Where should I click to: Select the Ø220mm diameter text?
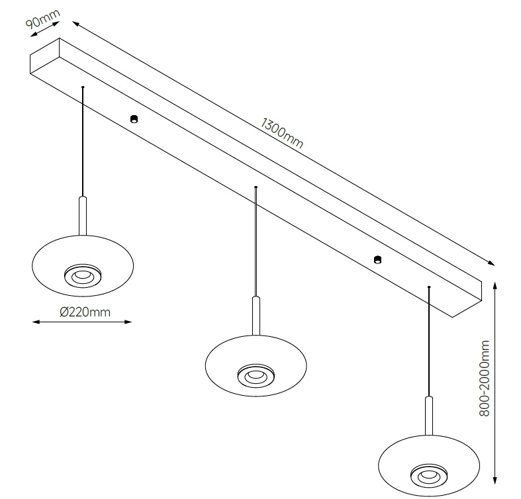click(85, 312)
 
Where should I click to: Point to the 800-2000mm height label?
click(486, 379)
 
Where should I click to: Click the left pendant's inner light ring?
click(83, 275)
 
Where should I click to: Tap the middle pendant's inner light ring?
click(255, 375)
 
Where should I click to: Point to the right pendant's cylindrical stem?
click(428, 414)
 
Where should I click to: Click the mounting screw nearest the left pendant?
click(134, 119)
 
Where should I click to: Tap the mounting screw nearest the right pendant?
click(377, 259)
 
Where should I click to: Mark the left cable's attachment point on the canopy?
click(83, 87)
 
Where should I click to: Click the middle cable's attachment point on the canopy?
click(256, 188)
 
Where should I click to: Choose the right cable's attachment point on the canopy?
click(429, 287)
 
